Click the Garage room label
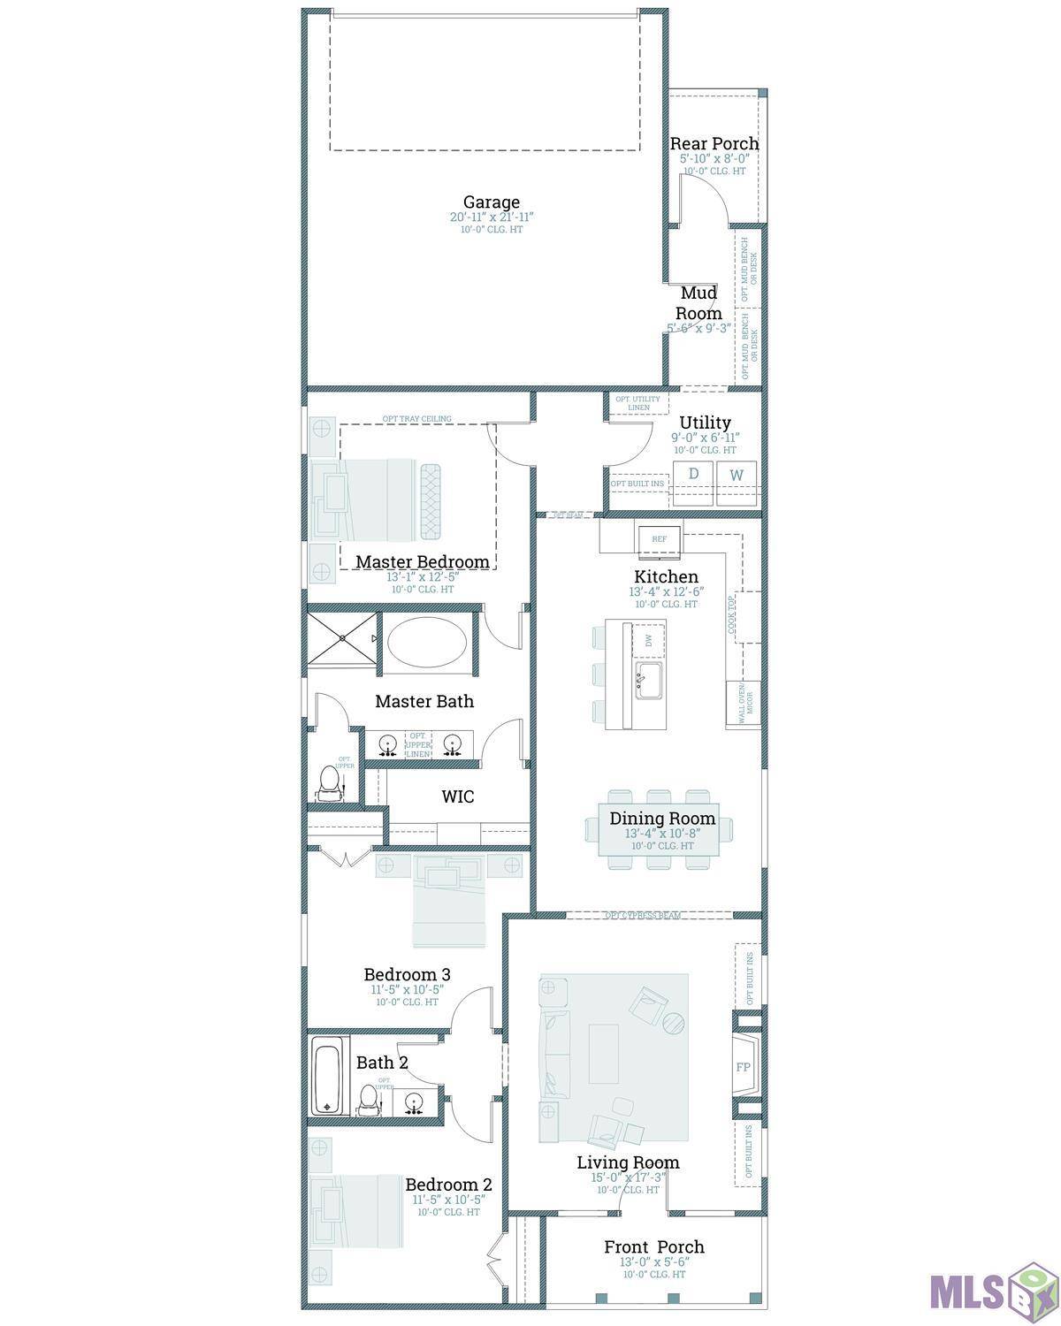(491, 202)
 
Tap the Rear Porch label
(714, 143)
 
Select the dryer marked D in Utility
(693, 475)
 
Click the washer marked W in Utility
(737, 476)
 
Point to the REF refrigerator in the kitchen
(660, 538)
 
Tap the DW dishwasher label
(649, 639)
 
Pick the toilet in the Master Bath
(329, 781)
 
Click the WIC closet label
(457, 796)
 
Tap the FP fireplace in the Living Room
(743, 1067)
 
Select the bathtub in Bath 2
(326, 1080)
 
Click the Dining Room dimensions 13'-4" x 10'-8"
(661, 834)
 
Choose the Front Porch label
(653, 1246)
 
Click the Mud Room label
(698, 303)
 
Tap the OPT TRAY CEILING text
(416, 419)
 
